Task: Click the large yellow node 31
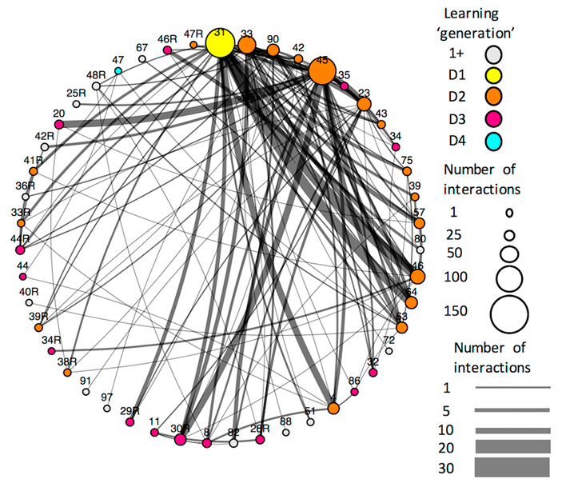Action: click(220, 43)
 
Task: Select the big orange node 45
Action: click(322, 72)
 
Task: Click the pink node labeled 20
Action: click(58, 125)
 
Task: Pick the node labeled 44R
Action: click(20, 250)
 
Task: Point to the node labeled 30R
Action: click(181, 439)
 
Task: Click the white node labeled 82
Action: click(233, 442)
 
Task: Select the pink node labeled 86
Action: click(355, 392)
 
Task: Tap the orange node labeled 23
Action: click(364, 104)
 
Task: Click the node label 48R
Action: click(96, 75)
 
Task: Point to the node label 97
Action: click(106, 397)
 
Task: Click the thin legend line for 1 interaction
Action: click(512, 387)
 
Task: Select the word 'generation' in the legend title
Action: click(484, 34)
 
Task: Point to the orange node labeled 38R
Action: click(67, 373)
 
